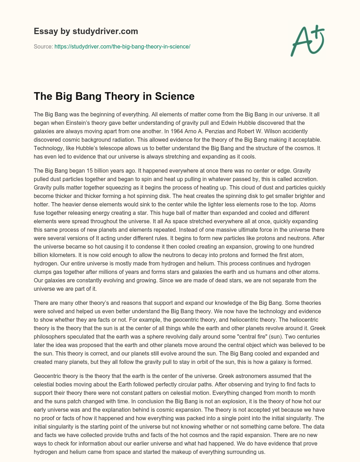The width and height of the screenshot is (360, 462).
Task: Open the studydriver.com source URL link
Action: [122, 46]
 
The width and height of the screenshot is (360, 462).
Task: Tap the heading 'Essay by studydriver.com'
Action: [86, 31]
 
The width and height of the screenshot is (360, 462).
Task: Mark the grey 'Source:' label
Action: [43, 46]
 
